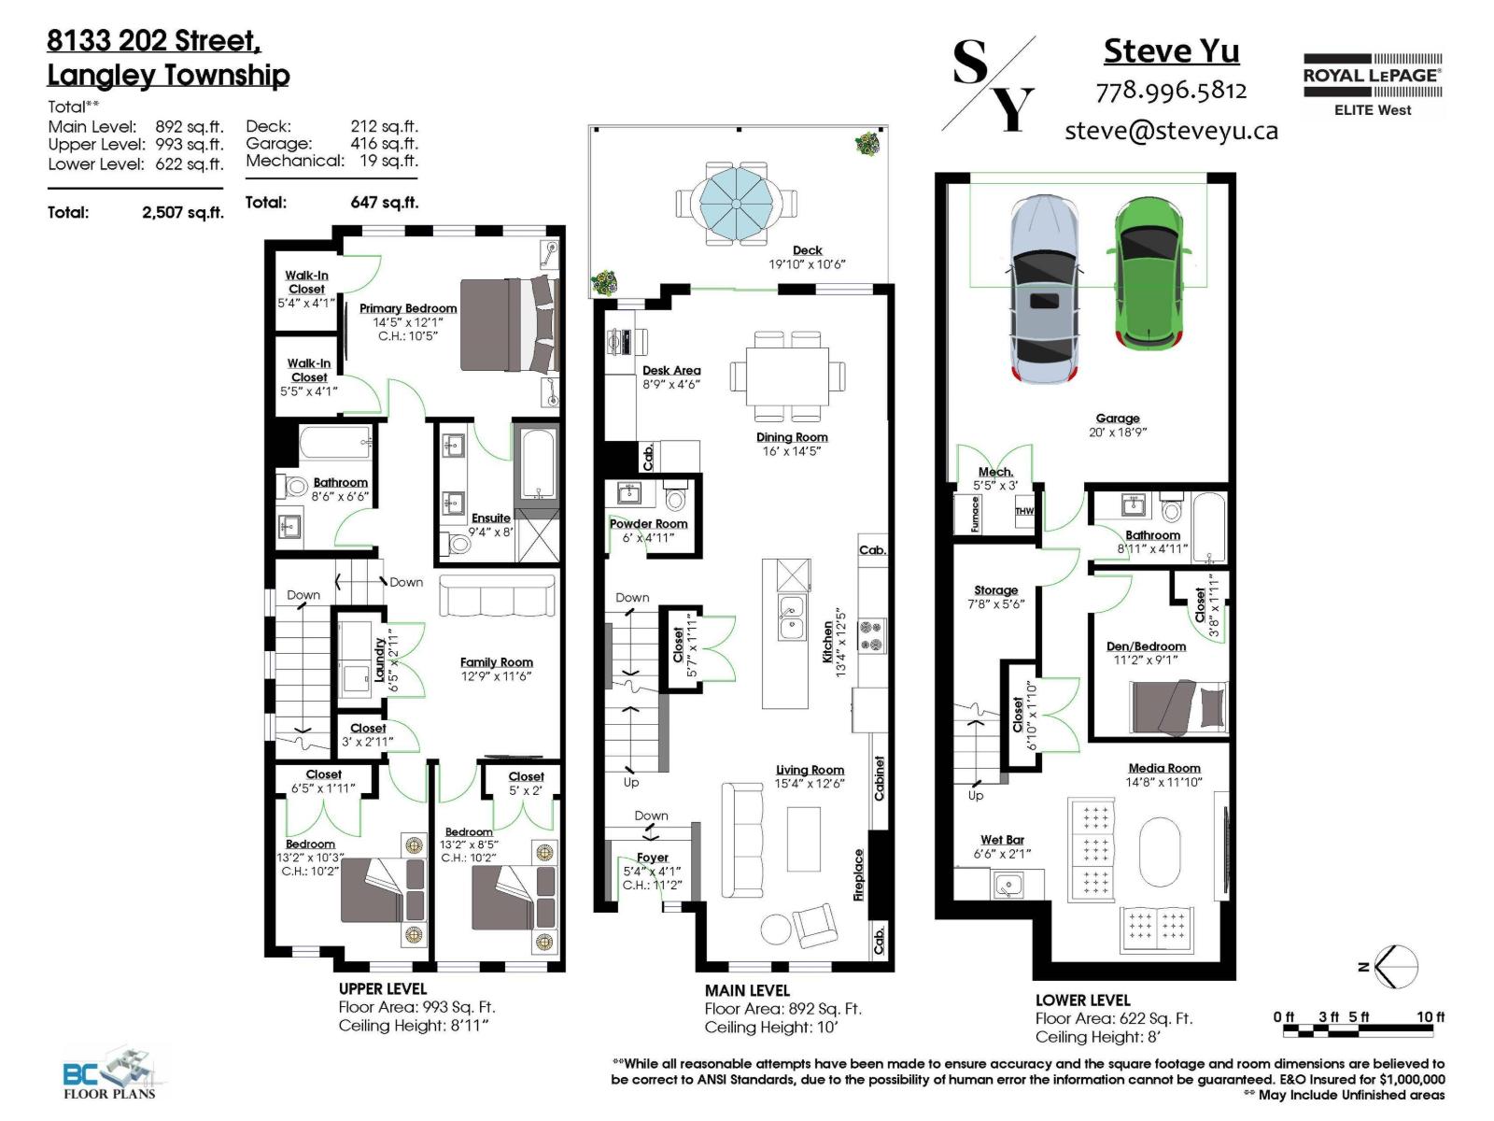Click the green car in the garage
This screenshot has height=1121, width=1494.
1148,271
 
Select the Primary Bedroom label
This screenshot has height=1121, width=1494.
408,308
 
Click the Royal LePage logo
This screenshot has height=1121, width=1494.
1372,84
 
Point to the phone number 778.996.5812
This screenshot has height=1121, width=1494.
1171,91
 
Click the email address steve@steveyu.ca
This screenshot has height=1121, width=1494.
1171,131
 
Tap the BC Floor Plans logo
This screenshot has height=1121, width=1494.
110,1074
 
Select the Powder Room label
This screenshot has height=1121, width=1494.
648,524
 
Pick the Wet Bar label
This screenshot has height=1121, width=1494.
1002,840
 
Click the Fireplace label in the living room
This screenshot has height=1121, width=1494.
859,874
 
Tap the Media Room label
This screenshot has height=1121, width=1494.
1164,768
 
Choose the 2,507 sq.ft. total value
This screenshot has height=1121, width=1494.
183,213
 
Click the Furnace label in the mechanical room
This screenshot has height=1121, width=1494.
976,514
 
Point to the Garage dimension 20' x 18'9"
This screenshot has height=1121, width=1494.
1118,433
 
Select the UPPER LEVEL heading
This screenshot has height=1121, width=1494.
383,988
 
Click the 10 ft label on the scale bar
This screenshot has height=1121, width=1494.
1430,1016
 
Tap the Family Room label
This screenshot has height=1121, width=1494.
496,662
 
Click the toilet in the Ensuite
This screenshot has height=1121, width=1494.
458,543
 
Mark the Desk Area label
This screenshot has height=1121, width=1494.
671,370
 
